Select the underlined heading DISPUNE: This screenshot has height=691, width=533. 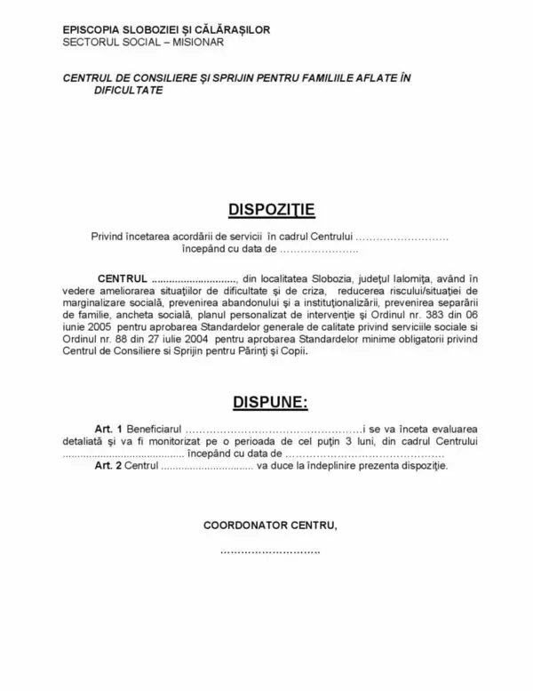pyautogui.click(x=270, y=403)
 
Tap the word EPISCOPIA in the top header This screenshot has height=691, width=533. pyautogui.click(x=93, y=30)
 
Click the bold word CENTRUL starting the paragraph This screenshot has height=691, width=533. pyautogui.click(x=120, y=281)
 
